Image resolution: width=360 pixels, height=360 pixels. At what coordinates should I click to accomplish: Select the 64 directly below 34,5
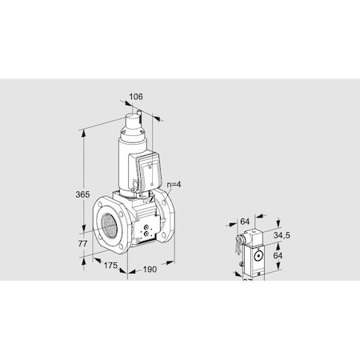[x=278, y=257]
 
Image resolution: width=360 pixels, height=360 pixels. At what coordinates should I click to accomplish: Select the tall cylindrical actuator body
[x=128, y=160]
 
